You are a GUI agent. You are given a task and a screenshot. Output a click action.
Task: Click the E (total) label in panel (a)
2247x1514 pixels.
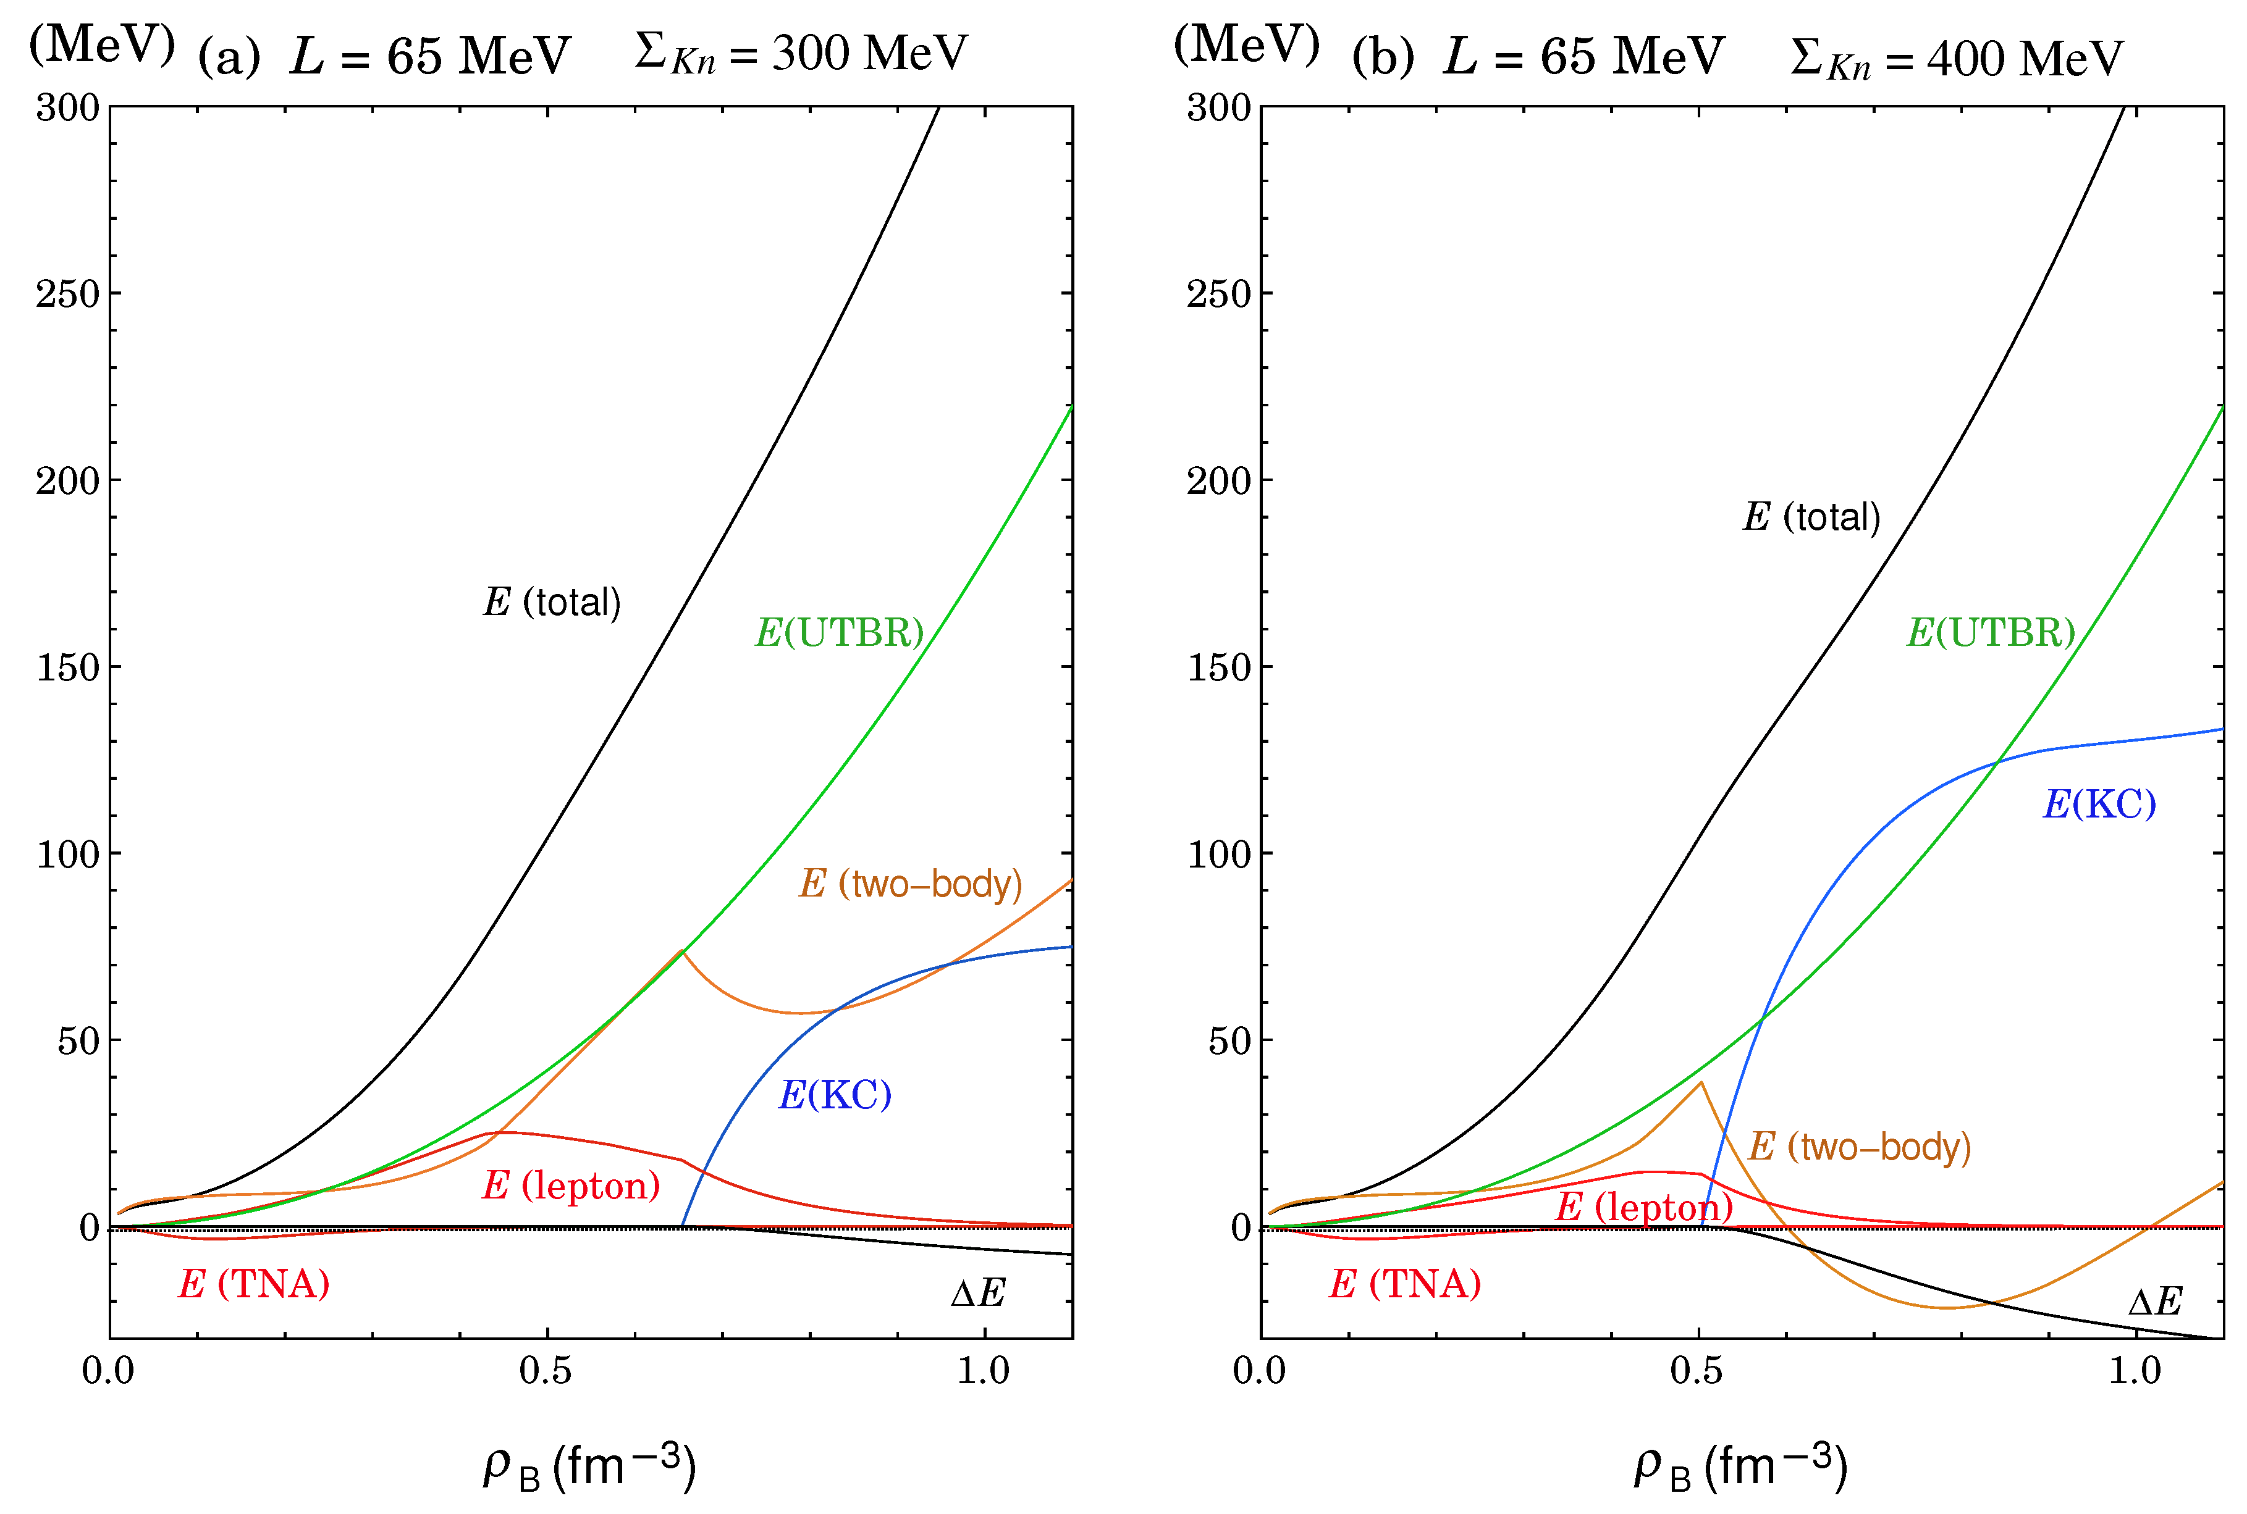[x=552, y=603]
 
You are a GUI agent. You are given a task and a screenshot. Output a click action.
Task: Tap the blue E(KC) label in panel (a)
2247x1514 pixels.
[x=835, y=1095]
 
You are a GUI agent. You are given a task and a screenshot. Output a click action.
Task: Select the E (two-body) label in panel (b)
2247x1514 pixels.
[x=1860, y=1147]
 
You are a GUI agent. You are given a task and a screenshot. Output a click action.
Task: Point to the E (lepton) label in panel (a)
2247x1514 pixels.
[x=571, y=1186]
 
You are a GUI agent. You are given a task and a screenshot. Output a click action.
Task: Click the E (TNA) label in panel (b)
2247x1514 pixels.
[x=1405, y=1284]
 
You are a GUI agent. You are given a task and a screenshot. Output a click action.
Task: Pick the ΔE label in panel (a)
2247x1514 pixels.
[x=977, y=1293]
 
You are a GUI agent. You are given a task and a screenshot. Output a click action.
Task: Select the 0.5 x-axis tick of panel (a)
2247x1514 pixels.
[x=546, y=1371]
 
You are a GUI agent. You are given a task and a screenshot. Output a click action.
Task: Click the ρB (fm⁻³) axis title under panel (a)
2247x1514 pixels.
[x=589, y=1466]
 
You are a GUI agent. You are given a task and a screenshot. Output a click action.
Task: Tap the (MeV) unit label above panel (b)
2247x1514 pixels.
[x=1246, y=44]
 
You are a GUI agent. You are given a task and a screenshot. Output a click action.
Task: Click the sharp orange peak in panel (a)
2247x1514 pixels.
[x=682, y=951]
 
